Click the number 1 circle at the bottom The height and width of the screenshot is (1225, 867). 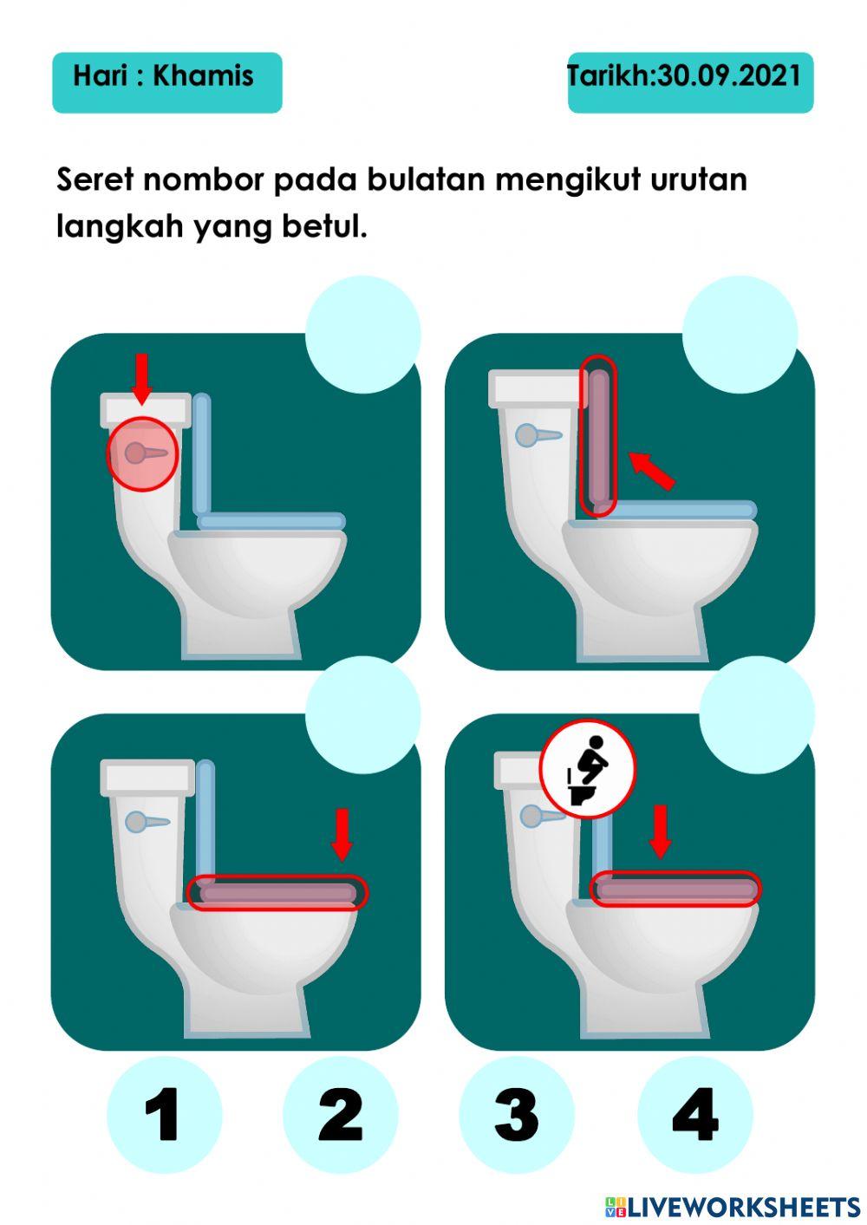coord(164,1114)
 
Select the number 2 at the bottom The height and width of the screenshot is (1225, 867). coord(340,1114)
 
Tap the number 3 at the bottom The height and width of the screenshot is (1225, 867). coord(517,1114)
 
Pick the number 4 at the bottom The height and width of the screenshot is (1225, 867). coord(694,1114)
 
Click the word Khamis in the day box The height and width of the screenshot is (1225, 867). coord(203,76)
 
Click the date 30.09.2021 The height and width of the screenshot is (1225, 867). coord(729,76)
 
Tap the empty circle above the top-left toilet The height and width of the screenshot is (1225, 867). coord(363,335)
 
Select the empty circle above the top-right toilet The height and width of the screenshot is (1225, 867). coord(740,335)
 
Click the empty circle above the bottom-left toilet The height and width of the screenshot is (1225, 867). coord(363,713)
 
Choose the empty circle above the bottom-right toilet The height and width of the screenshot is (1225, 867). coord(756,713)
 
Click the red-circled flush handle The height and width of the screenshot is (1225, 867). coord(141,453)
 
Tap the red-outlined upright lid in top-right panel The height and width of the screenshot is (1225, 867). coord(598,436)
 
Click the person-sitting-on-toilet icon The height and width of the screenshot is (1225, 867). coord(588,768)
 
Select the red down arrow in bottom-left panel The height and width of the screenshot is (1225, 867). coord(342,833)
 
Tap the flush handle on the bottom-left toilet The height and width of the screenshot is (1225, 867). coord(146,821)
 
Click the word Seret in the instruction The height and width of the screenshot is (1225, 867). coord(95,180)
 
